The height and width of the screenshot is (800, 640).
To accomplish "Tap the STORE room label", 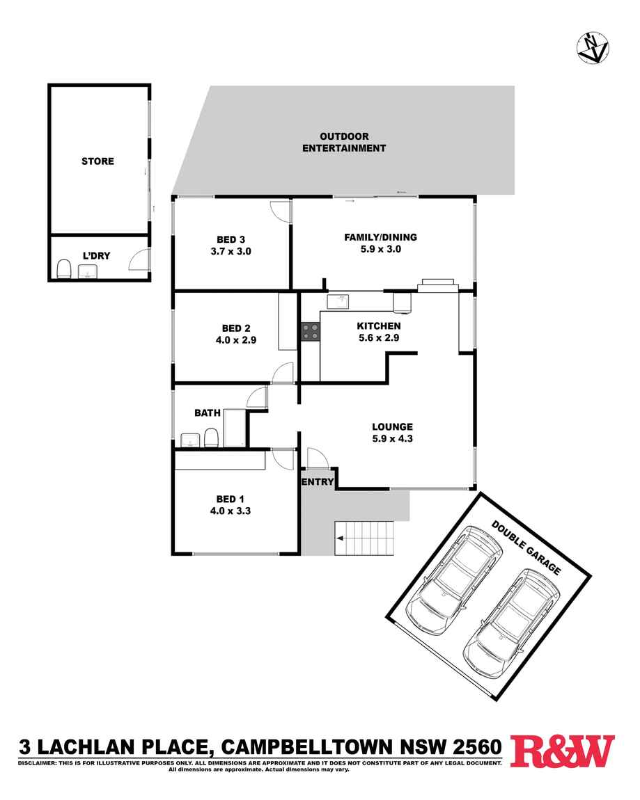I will point(97,161).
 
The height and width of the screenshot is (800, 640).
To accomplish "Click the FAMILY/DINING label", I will point(380,237).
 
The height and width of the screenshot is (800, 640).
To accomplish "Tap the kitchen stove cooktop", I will point(311,332).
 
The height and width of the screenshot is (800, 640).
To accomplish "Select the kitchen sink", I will point(341,301).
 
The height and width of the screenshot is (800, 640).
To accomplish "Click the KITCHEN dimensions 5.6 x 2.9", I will point(379,338).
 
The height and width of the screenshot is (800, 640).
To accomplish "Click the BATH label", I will point(208,413).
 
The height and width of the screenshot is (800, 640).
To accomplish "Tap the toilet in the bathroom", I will point(210,438).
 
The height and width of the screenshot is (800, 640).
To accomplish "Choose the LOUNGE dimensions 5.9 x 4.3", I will point(393,438).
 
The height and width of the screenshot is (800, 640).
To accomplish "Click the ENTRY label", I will point(318,481).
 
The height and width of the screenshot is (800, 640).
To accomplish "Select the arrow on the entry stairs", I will point(340,538).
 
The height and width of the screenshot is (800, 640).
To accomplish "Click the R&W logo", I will point(563,751).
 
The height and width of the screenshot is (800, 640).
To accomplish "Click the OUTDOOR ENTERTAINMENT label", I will point(344,142).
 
